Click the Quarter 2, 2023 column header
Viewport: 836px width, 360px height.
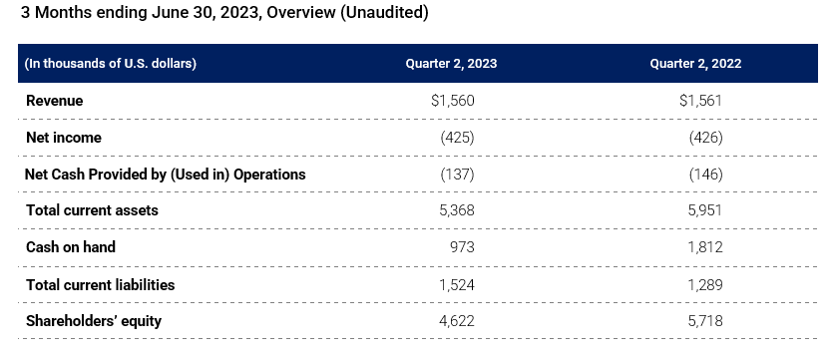[451, 64]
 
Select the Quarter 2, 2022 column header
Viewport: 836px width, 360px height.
[695, 64]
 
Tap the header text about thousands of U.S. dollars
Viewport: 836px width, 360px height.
[111, 64]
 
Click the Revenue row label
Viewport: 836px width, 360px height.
[55, 101]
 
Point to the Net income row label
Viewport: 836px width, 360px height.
[64, 138]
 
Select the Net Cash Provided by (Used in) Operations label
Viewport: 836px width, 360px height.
[166, 175]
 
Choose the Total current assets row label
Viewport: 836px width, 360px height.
[92, 211]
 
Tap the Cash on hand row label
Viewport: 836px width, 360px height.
[71, 247]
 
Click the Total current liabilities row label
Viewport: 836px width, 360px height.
[101, 284]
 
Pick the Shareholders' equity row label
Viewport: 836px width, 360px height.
[94, 321]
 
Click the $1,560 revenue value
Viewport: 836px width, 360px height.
[452, 101]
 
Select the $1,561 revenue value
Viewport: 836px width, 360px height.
[700, 101]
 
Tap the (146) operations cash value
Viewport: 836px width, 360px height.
[705, 175]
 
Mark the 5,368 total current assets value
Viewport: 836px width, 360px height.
[455, 211]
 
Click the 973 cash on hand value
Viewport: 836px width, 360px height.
[461, 247]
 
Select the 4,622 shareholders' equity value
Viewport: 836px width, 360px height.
[455, 321]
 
